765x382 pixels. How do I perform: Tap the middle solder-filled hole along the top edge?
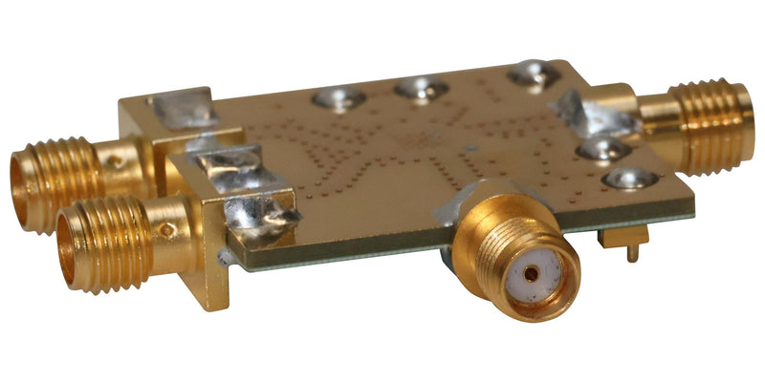(422, 89)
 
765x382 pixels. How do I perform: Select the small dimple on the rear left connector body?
(116, 162)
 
